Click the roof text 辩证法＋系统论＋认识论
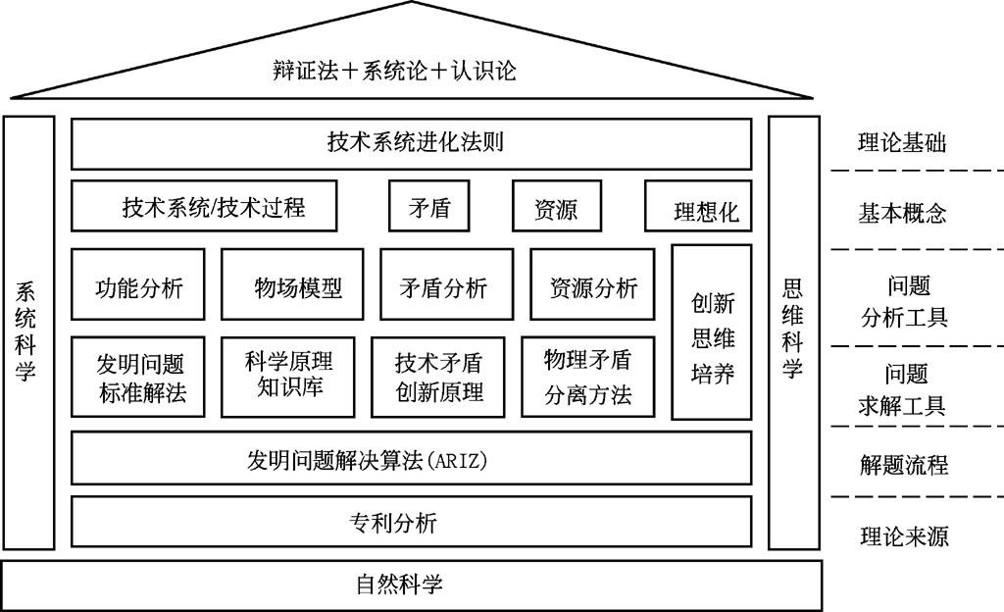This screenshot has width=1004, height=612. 394,71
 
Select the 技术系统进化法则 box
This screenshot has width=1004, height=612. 412,143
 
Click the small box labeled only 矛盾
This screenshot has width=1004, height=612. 429,206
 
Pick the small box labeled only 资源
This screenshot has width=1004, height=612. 556,206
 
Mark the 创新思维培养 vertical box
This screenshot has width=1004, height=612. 712,331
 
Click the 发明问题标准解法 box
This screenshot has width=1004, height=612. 139,378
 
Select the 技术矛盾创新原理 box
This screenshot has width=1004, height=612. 438,378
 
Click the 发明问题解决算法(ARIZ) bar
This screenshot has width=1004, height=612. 412,458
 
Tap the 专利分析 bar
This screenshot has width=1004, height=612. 412,522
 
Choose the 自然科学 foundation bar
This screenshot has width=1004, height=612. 412,586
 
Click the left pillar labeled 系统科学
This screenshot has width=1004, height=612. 27,332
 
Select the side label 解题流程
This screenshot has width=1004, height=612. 902,464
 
